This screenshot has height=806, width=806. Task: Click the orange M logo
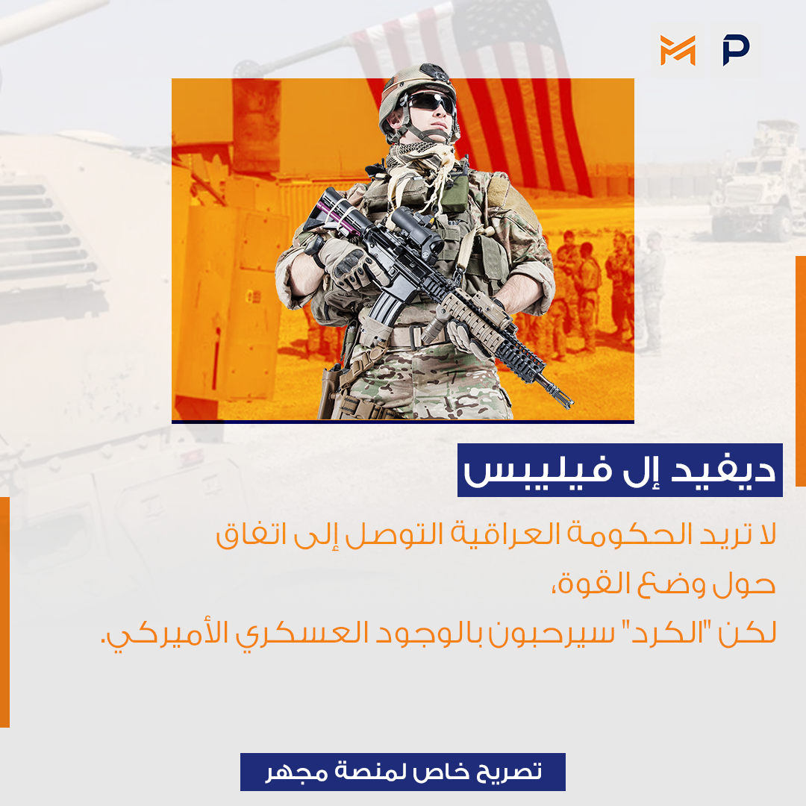pos(678,51)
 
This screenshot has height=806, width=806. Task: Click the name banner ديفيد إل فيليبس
pos(620,470)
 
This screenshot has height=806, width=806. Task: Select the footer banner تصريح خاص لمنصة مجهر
pos(403,772)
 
